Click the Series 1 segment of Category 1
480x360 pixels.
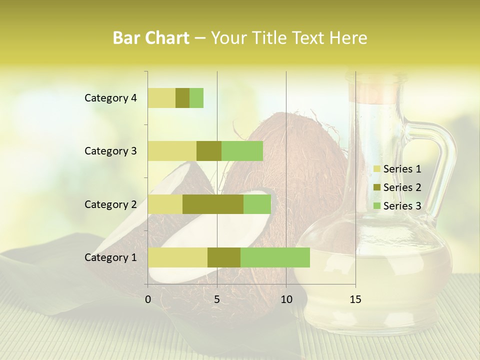pos(177,257)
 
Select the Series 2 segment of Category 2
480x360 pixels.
pos(213,204)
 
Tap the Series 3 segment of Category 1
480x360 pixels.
pos(275,257)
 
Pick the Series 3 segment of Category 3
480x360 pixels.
pos(242,151)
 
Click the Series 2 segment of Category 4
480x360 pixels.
pos(182,98)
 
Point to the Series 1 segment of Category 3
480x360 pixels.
pos(172,151)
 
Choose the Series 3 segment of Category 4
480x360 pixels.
pos(196,98)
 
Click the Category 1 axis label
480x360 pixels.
pos(110,257)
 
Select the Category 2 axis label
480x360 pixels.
pos(110,204)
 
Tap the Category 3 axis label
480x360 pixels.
pos(110,151)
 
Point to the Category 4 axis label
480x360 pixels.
pos(110,98)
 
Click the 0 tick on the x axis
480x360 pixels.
pos(148,299)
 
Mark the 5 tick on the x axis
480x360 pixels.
pos(217,299)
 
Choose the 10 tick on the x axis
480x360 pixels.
pos(286,299)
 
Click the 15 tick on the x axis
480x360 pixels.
pos(355,299)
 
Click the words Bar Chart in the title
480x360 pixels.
pos(151,37)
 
